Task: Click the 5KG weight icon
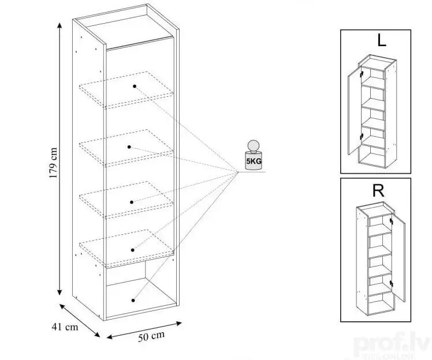coord(252,156)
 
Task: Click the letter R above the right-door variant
coord(379,191)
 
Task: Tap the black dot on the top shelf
coord(134,85)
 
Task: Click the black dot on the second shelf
coord(131,147)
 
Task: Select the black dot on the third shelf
coord(132,201)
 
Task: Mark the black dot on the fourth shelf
coord(133,250)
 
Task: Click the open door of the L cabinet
coord(356,113)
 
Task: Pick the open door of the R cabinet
coord(397,258)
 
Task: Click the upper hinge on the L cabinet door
coord(362,75)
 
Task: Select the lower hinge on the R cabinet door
coord(392,283)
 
